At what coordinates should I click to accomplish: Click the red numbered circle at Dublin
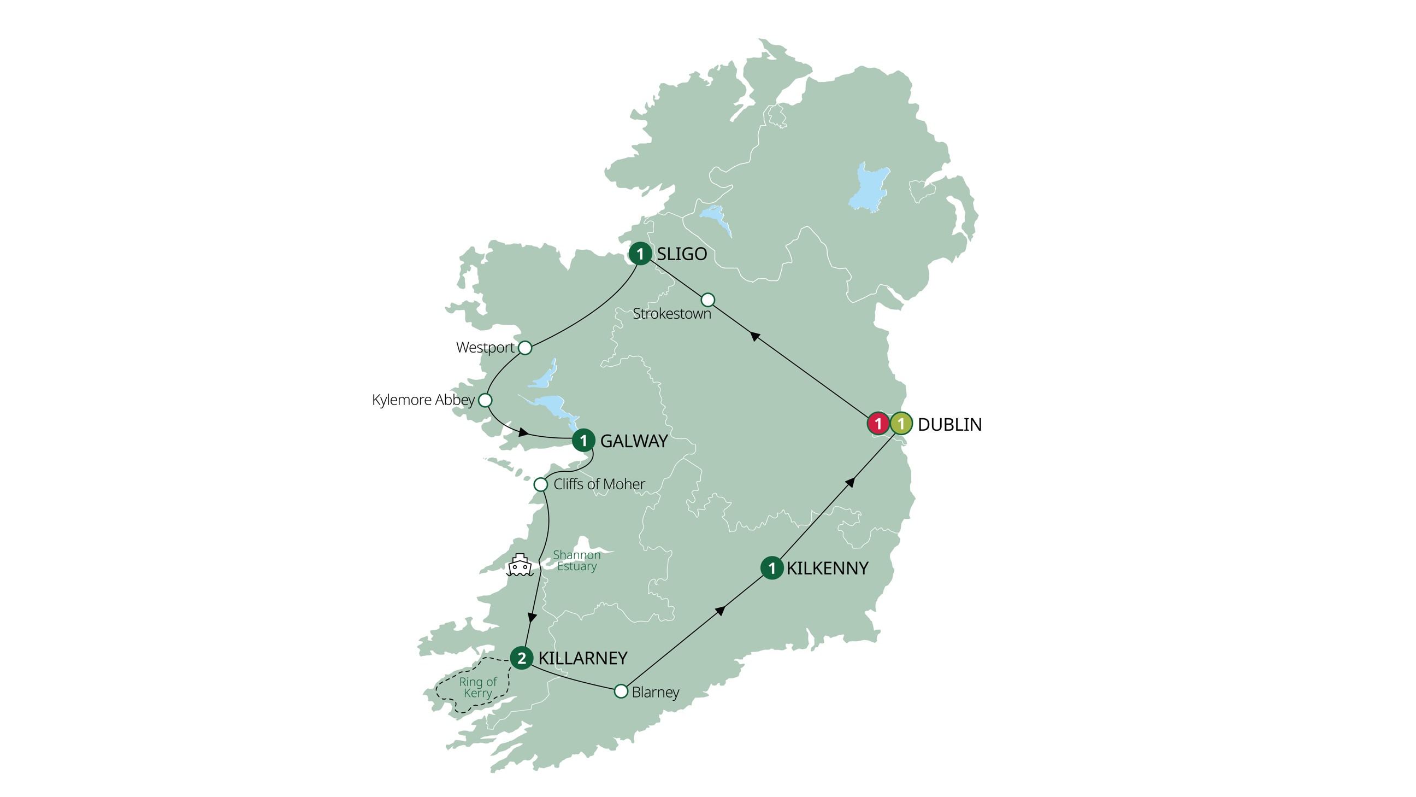pyautogui.click(x=878, y=424)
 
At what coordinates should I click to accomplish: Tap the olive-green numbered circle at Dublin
pyautogui.click(x=901, y=424)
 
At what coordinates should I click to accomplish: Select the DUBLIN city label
pyautogui.click(x=949, y=425)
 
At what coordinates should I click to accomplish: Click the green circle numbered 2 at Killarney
pyautogui.click(x=521, y=658)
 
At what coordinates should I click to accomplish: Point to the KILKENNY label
pyautogui.click(x=827, y=568)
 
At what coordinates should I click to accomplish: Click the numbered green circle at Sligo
pyautogui.click(x=640, y=254)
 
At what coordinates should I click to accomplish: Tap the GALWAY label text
pyautogui.click(x=633, y=441)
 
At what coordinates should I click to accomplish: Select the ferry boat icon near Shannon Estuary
pyautogui.click(x=520, y=565)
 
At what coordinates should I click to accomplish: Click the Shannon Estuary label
pyautogui.click(x=576, y=560)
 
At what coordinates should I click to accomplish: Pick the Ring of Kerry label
pyautogui.click(x=477, y=688)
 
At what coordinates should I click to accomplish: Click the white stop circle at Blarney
pyautogui.click(x=621, y=691)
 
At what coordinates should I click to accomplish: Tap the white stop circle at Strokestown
pyautogui.click(x=708, y=300)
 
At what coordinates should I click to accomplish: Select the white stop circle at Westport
pyautogui.click(x=525, y=348)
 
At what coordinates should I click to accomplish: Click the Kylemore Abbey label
pyautogui.click(x=423, y=400)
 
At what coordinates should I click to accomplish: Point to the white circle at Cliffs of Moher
pyautogui.click(x=540, y=484)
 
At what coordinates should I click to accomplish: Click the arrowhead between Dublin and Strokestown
pyautogui.click(x=756, y=336)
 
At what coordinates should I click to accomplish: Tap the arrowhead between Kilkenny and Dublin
pyautogui.click(x=850, y=482)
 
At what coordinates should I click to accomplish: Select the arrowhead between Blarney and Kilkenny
pyautogui.click(x=719, y=611)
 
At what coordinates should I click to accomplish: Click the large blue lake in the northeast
pyautogui.click(x=869, y=187)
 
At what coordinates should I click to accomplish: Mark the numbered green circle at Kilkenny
pyautogui.click(x=771, y=568)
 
